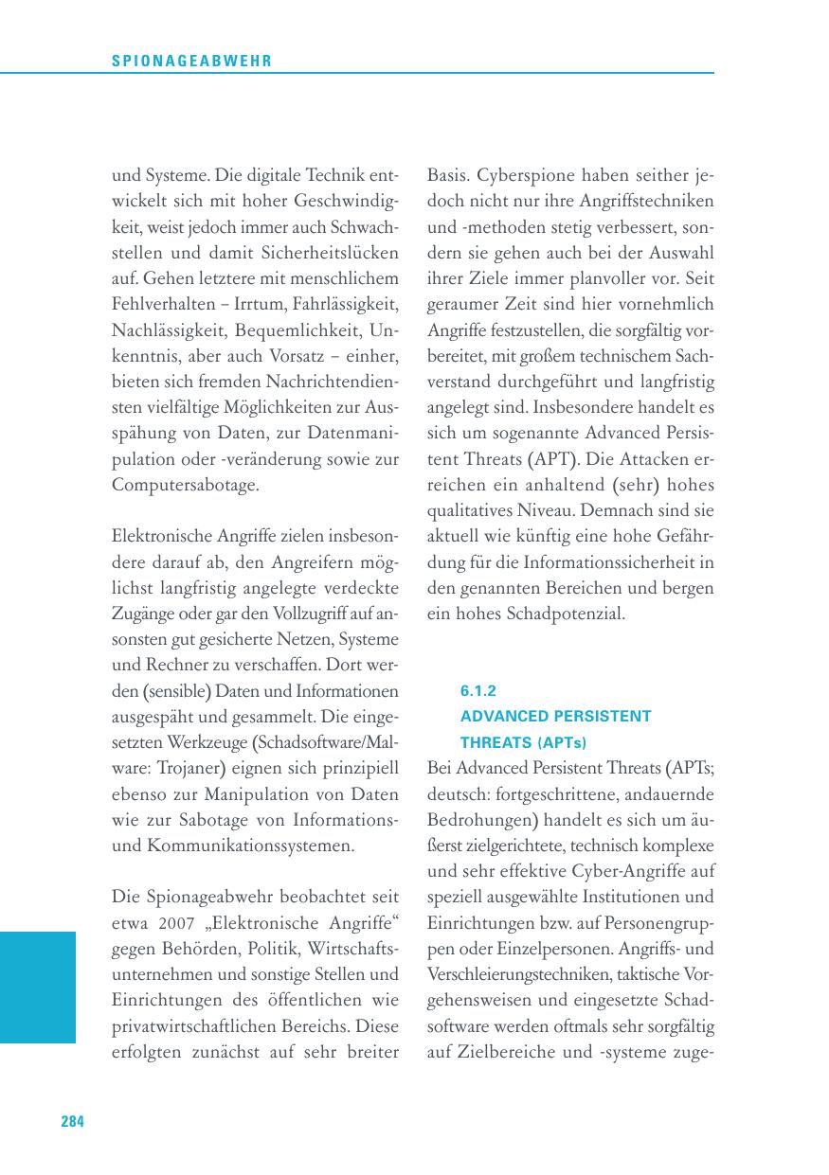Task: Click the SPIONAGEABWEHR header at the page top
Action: pyautogui.click(x=191, y=61)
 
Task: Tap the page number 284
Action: pyautogui.click(x=73, y=1122)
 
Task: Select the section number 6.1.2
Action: pyautogui.click(x=478, y=691)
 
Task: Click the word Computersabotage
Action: pyautogui.click(x=185, y=484)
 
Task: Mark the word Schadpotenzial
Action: pyautogui.click(x=566, y=614)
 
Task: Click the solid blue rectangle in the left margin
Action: pyautogui.click(x=37, y=987)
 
